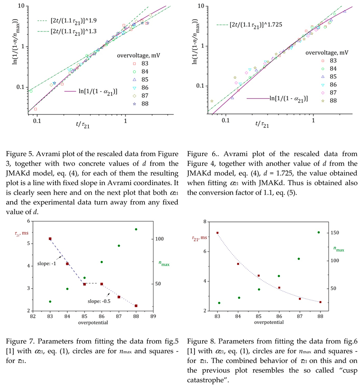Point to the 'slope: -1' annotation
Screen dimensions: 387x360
[46, 263]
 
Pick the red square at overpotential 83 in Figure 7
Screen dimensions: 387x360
[50, 239]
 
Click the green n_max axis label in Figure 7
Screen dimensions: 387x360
[165, 262]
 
